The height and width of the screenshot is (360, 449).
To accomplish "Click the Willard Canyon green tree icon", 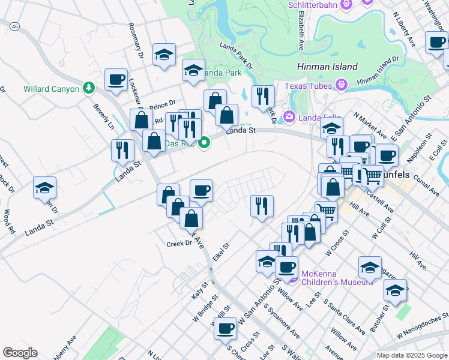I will point(89,89).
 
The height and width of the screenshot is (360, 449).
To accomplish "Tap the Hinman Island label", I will point(327,67).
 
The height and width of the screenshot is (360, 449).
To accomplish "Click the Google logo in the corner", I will point(20,353).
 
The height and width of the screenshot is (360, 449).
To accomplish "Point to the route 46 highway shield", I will point(15,27).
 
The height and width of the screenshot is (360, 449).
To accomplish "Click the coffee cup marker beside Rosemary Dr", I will point(116,79).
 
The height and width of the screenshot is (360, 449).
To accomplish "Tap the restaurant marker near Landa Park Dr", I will point(263,97).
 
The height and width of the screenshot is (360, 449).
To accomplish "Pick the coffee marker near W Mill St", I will point(226,328).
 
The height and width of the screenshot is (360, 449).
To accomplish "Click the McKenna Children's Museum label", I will point(325,277).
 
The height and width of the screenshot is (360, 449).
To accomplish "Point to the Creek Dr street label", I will point(178,244).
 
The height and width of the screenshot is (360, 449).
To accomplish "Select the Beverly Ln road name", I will point(103,117).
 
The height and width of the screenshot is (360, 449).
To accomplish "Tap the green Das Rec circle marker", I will point(204,143).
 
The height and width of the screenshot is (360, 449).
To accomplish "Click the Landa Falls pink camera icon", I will point(288,116).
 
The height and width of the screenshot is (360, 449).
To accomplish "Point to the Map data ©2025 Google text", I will point(411,355).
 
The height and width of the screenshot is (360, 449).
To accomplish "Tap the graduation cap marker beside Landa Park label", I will point(193,71).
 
